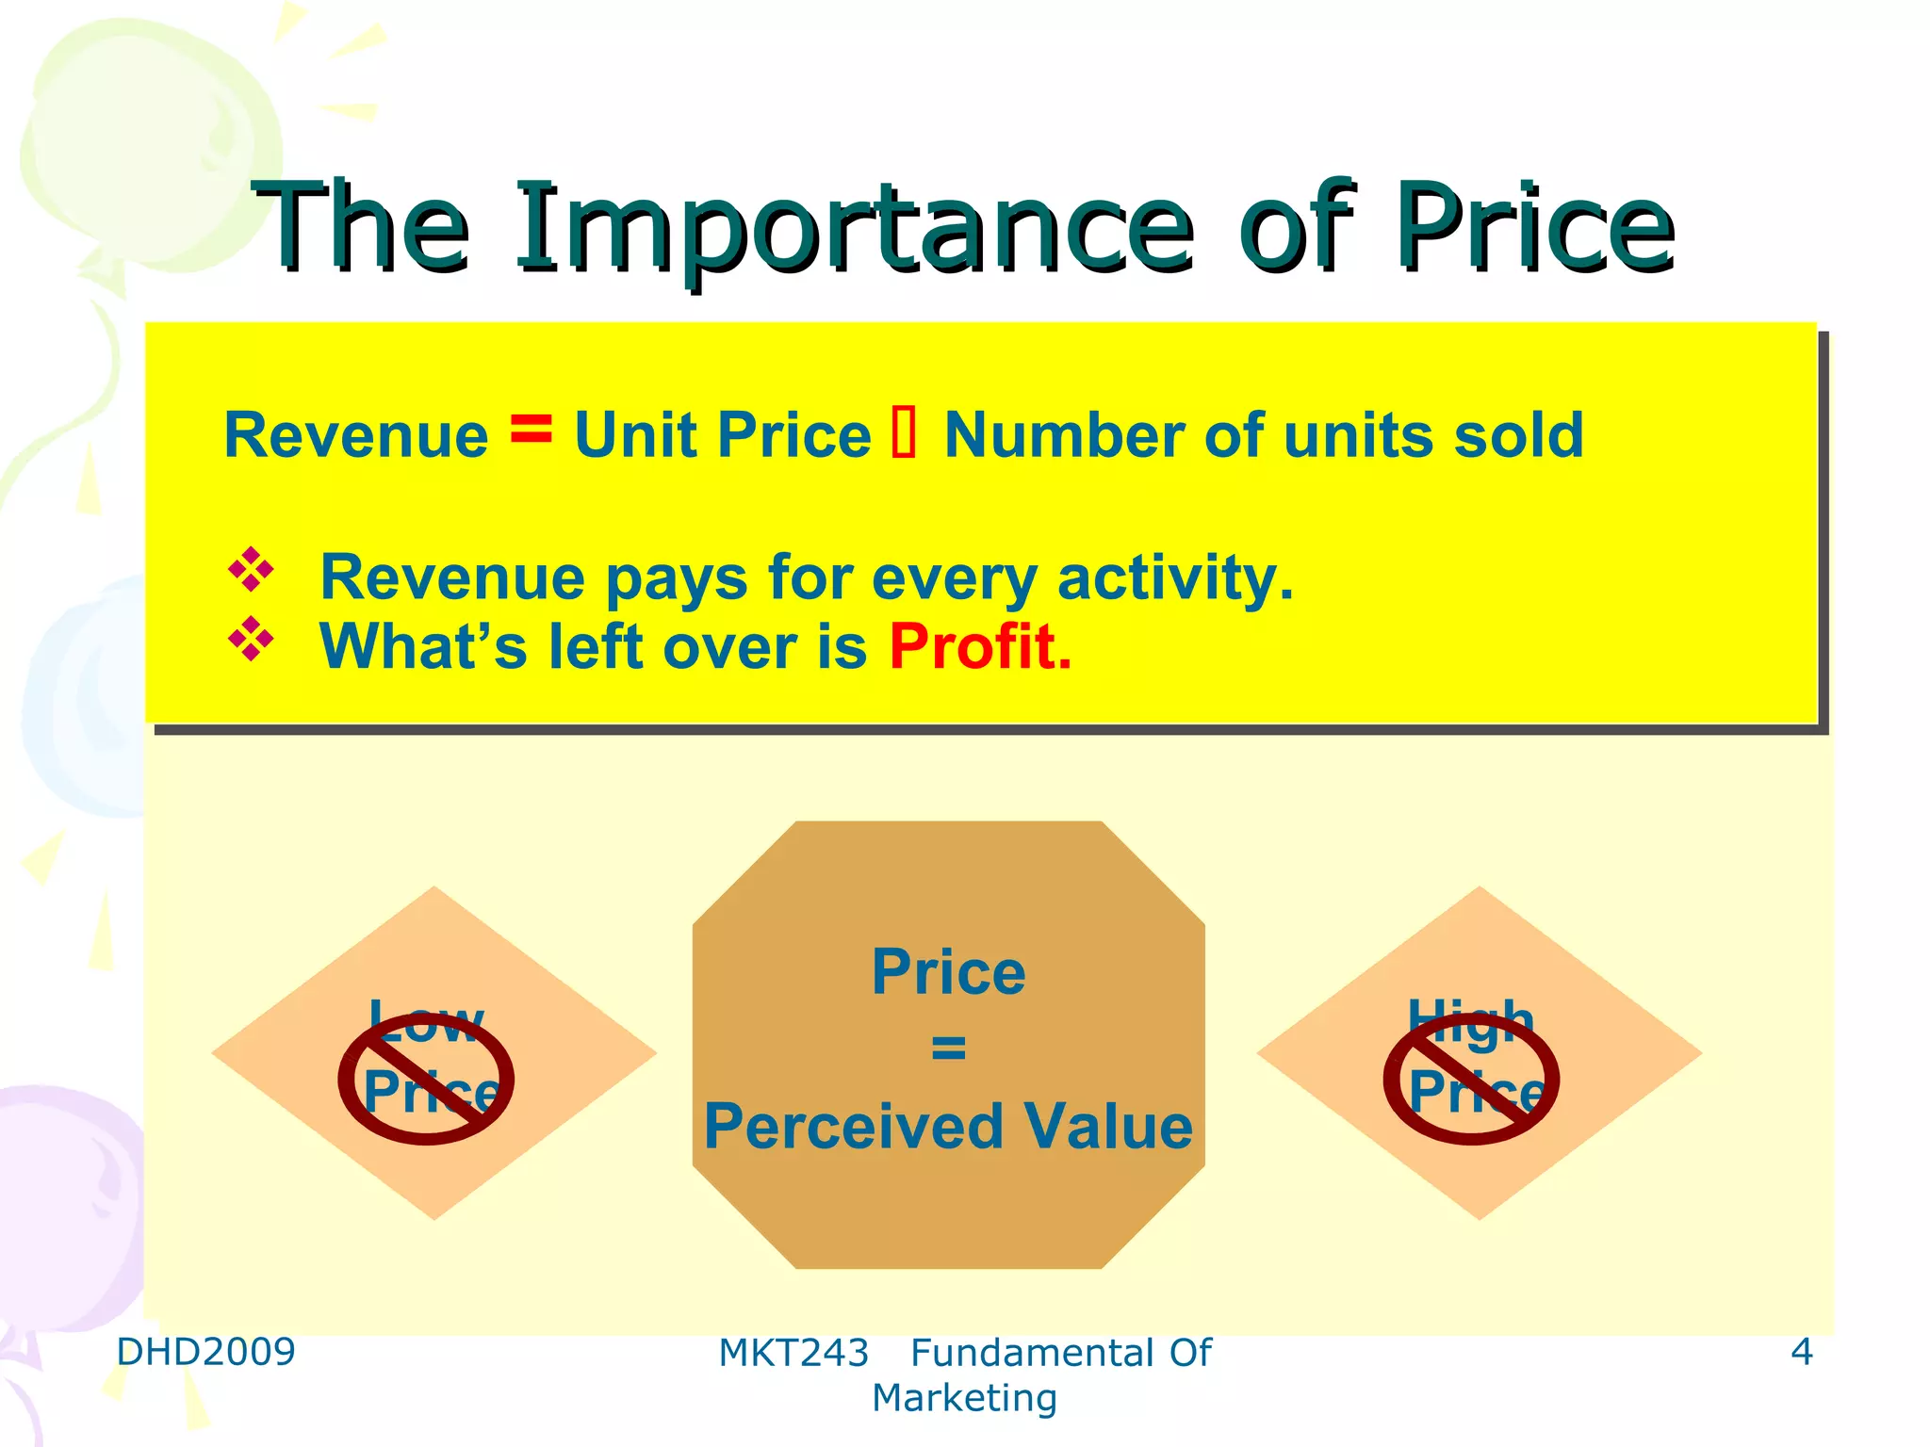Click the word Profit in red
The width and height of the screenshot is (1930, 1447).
click(x=980, y=647)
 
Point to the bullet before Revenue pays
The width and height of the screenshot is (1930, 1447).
click(x=251, y=569)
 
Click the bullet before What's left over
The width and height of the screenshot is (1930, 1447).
click(x=251, y=640)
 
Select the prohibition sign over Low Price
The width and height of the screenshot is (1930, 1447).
click(x=426, y=1079)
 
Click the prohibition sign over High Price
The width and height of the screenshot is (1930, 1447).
click(x=1471, y=1079)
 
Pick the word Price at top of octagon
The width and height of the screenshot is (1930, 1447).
click(x=948, y=972)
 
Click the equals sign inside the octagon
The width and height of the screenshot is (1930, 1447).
click(x=948, y=1048)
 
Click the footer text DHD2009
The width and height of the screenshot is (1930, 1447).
click(x=205, y=1352)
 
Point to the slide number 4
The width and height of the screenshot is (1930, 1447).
click(x=1801, y=1352)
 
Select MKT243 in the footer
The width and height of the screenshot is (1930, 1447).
click(x=793, y=1354)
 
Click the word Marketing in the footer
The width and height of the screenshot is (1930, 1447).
click(x=964, y=1398)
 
